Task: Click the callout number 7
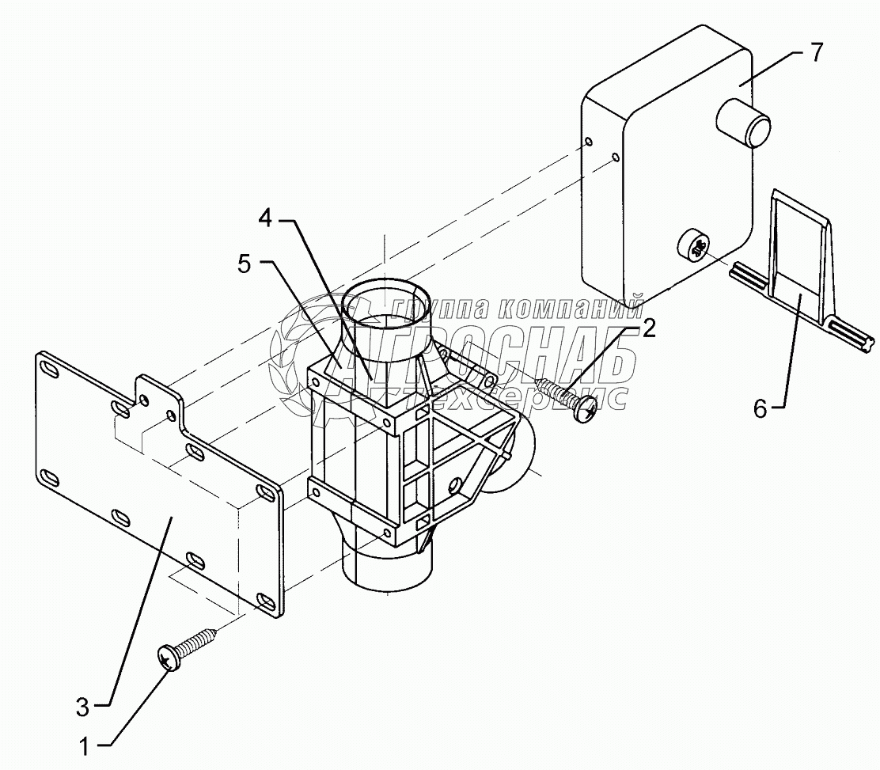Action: (816, 53)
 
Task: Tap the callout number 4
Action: (266, 218)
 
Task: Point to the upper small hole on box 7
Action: (590, 143)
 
